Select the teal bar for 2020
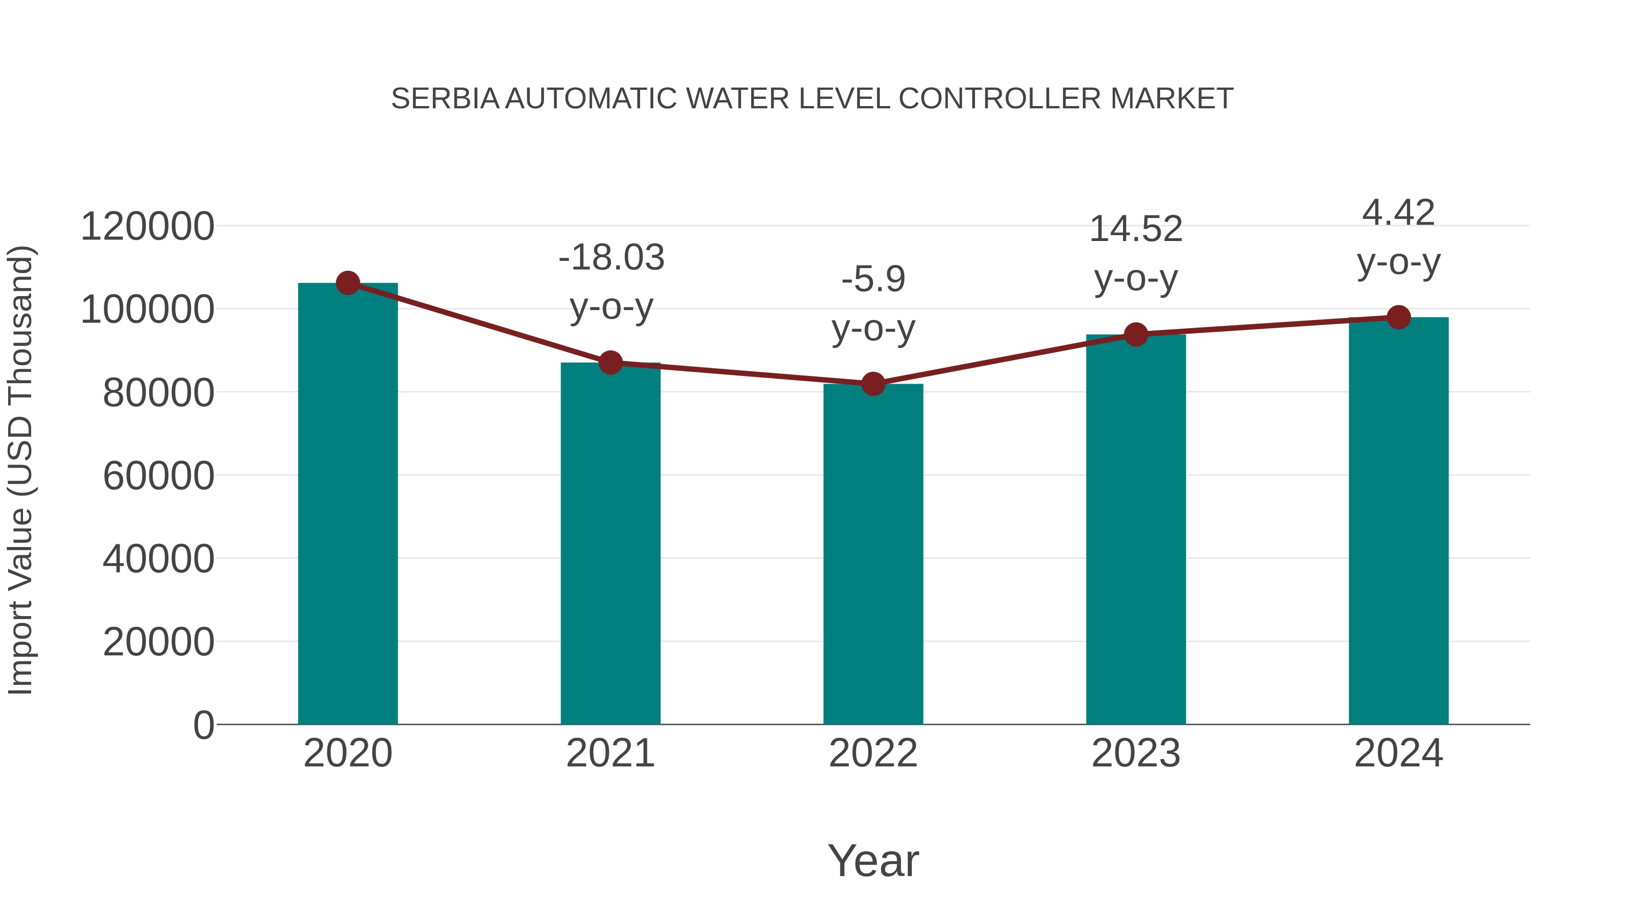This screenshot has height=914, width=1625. pyautogui.click(x=348, y=505)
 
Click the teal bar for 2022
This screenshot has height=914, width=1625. pyautogui.click(x=873, y=555)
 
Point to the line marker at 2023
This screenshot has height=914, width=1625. pyautogui.click(x=1136, y=334)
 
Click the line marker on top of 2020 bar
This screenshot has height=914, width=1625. pyautogui.click(x=348, y=283)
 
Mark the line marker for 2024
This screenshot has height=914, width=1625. pyautogui.click(x=1398, y=317)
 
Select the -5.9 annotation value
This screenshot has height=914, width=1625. pyautogui.click(x=873, y=279)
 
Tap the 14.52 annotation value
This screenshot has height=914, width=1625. pyautogui.click(x=1136, y=228)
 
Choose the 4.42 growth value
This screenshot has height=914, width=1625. pyautogui.click(x=1398, y=212)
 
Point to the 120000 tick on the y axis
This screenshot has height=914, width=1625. pyautogui.click(x=147, y=227)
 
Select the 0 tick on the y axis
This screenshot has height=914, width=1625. pyautogui.click(x=203, y=725)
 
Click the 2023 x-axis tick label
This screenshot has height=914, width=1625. pyautogui.click(x=1136, y=753)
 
